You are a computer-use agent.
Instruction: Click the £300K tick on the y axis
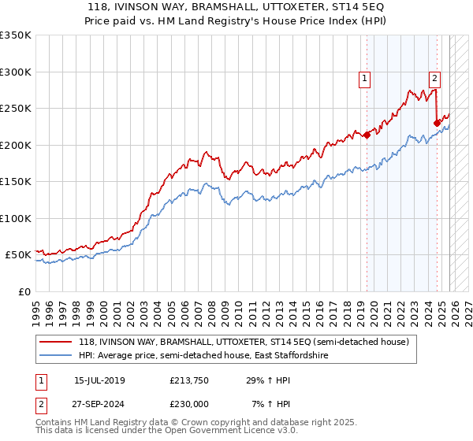(16, 72)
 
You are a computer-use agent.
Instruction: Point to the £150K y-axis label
(16, 181)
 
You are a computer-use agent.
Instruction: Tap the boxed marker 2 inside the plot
(434, 78)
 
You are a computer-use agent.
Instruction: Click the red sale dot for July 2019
(367, 135)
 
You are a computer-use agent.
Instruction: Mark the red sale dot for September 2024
(437, 122)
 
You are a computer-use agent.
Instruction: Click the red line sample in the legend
(56, 343)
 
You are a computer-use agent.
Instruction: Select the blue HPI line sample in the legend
(56, 356)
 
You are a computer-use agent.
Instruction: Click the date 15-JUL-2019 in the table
(99, 381)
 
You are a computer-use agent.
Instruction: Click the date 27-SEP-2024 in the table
(99, 403)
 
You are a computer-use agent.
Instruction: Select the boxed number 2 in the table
(40, 403)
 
